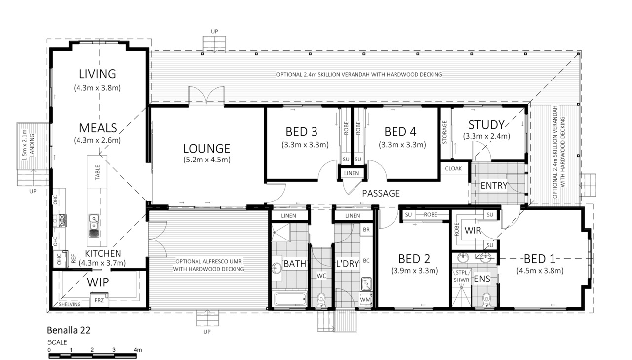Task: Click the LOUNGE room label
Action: click(x=206, y=149)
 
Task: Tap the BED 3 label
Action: click(x=301, y=132)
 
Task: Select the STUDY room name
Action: click(x=486, y=125)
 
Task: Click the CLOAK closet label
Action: click(x=453, y=168)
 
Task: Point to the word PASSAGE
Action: click(x=381, y=193)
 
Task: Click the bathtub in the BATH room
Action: click(x=290, y=299)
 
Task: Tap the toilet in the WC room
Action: click(x=321, y=300)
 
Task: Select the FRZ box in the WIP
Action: click(x=99, y=300)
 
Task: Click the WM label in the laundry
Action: click(x=365, y=300)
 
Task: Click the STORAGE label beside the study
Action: click(x=445, y=132)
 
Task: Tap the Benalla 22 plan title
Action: click(x=69, y=330)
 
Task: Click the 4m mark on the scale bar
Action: click(x=138, y=350)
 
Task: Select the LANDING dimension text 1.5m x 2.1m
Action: click(x=25, y=145)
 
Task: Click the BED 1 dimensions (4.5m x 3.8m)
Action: click(x=540, y=271)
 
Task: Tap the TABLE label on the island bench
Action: click(x=97, y=173)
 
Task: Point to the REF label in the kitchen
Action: click(x=74, y=259)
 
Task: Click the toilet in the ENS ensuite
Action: click(x=486, y=300)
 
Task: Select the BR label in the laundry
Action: click(x=366, y=230)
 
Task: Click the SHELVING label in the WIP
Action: click(x=70, y=304)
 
